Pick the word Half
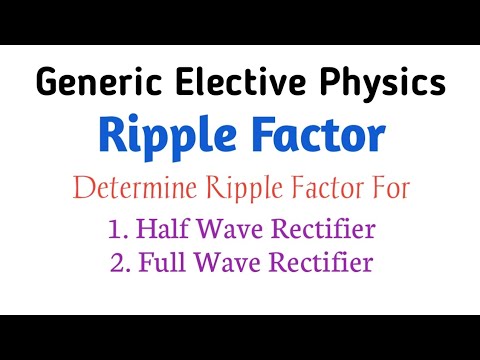click(x=164, y=228)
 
